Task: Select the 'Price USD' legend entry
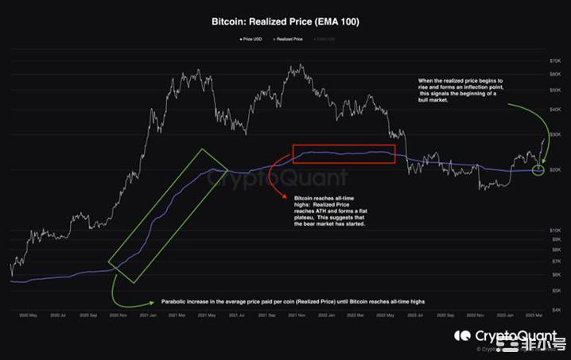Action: tap(250, 38)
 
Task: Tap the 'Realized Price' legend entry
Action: tap(289, 38)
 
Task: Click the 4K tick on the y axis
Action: tap(557, 309)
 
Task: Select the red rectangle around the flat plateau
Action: tap(344, 154)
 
